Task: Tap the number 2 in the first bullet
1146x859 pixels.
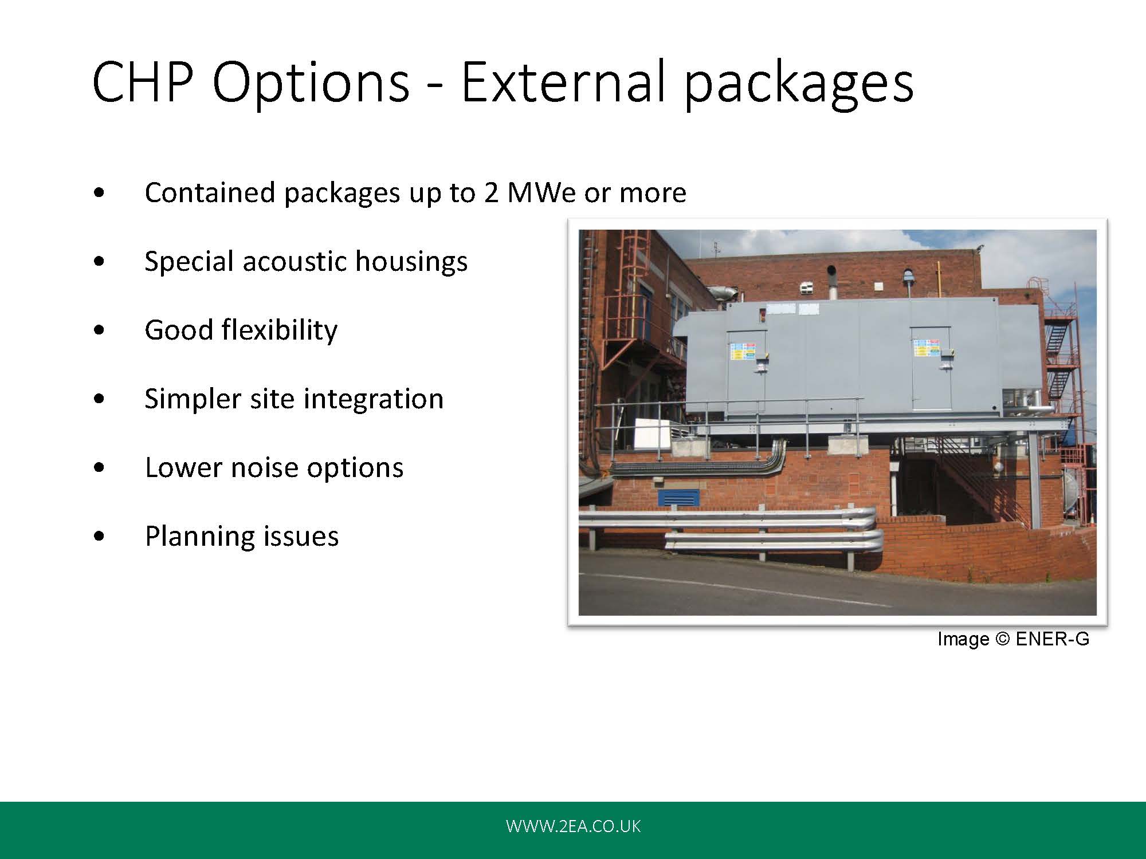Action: pyautogui.click(x=491, y=192)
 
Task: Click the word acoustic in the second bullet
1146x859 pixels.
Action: pyautogui.click(x=294, y=261)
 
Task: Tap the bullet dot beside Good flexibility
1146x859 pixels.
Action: pyautogui.click(x=99, y=330)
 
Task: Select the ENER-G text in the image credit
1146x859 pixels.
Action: pyautogui.click(x=1052, y=639)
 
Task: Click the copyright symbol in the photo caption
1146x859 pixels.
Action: pyautogui.click(x=1002, y=639)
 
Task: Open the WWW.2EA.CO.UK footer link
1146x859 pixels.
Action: pyautogui.click(x=573, y=826)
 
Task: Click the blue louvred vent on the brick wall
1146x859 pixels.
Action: pyautogui.click(x=678, y=497)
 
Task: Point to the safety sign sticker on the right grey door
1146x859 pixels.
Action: pyautogui.click(x=926, y=348)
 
